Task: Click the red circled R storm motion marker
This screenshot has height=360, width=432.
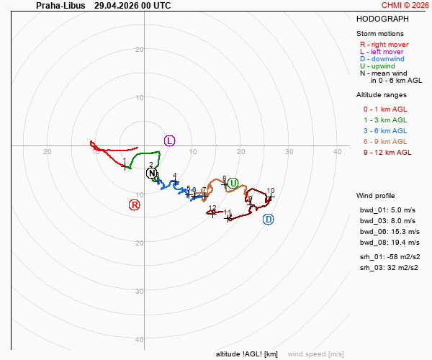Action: tap(135, 205)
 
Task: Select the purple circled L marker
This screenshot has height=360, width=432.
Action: tap(169, 140)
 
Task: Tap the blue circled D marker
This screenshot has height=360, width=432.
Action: tap(269, 220)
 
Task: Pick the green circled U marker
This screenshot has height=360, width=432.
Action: tap(233, 183)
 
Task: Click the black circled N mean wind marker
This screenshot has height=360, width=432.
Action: tap(151, 174)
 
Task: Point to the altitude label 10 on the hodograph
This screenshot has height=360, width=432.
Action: tap(271, 190)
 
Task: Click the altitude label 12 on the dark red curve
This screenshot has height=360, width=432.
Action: tap(212, 207)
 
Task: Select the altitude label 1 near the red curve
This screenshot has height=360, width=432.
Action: tap(125, 160)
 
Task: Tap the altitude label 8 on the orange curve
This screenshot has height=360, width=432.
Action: tap(224, 179)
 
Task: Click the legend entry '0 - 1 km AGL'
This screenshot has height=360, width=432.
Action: tap(385, 109)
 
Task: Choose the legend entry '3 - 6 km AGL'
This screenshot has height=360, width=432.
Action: tap(385, 130)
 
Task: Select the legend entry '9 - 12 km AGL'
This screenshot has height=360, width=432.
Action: tap(387, 153)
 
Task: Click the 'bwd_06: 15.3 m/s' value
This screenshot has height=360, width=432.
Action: tap(390, 232)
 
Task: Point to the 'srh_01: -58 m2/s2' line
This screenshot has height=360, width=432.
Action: tap(390, 257)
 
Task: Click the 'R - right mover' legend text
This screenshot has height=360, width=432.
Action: tap(384, 45)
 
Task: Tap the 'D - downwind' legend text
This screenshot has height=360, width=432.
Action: tap(382, 58)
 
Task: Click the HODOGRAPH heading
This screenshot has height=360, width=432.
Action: tap(382, 19)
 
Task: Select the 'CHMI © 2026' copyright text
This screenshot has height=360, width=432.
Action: tap(405, 5)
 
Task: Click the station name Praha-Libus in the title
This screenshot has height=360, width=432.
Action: tap(60, 6)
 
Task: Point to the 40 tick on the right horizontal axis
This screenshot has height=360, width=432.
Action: tap(337, 151)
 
